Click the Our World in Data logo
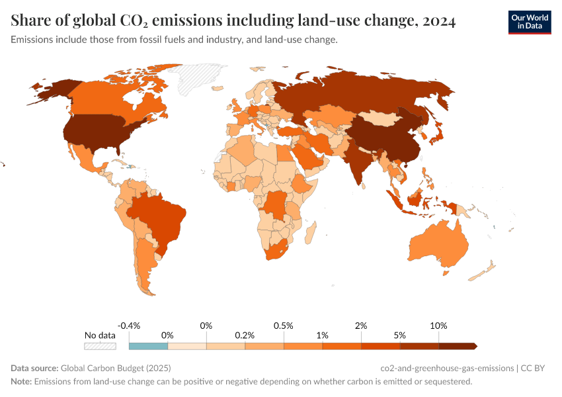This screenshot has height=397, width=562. [529, 21]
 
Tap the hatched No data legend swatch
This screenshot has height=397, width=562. [100, 345]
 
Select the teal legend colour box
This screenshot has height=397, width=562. [149, 345]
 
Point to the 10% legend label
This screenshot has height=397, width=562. [438, 326]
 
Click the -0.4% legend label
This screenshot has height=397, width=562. [129, 326]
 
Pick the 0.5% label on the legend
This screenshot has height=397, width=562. [284, 326]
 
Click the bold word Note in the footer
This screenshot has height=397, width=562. [20, 382]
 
